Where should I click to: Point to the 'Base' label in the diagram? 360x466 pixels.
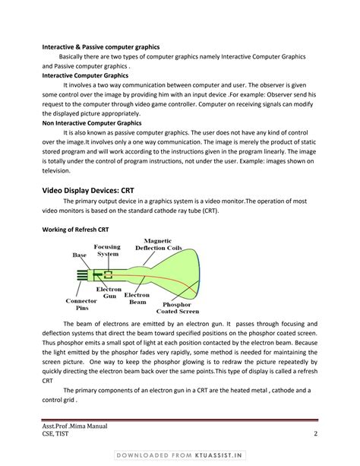[80, 255]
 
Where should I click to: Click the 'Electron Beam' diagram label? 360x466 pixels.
[137, 298]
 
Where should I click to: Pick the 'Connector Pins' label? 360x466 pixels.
[81, 304]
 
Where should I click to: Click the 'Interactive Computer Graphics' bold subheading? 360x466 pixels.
[85, 76]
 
